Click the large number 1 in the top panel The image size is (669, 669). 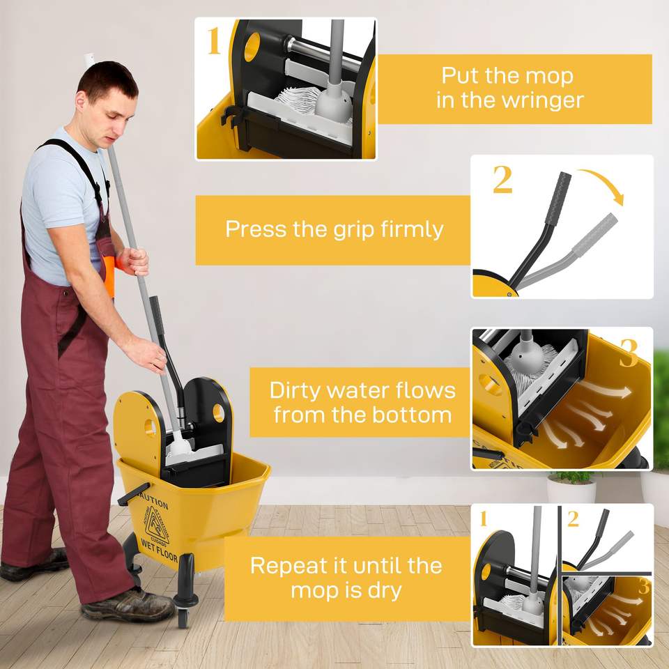[214, 41]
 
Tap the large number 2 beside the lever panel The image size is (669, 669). [502, 179]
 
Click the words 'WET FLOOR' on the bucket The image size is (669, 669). [159, 551]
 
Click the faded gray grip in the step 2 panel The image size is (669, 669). [594, 235]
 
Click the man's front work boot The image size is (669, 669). [127, 605]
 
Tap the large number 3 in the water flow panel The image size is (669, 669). [629, 353]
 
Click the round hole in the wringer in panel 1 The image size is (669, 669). [252, 47]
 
